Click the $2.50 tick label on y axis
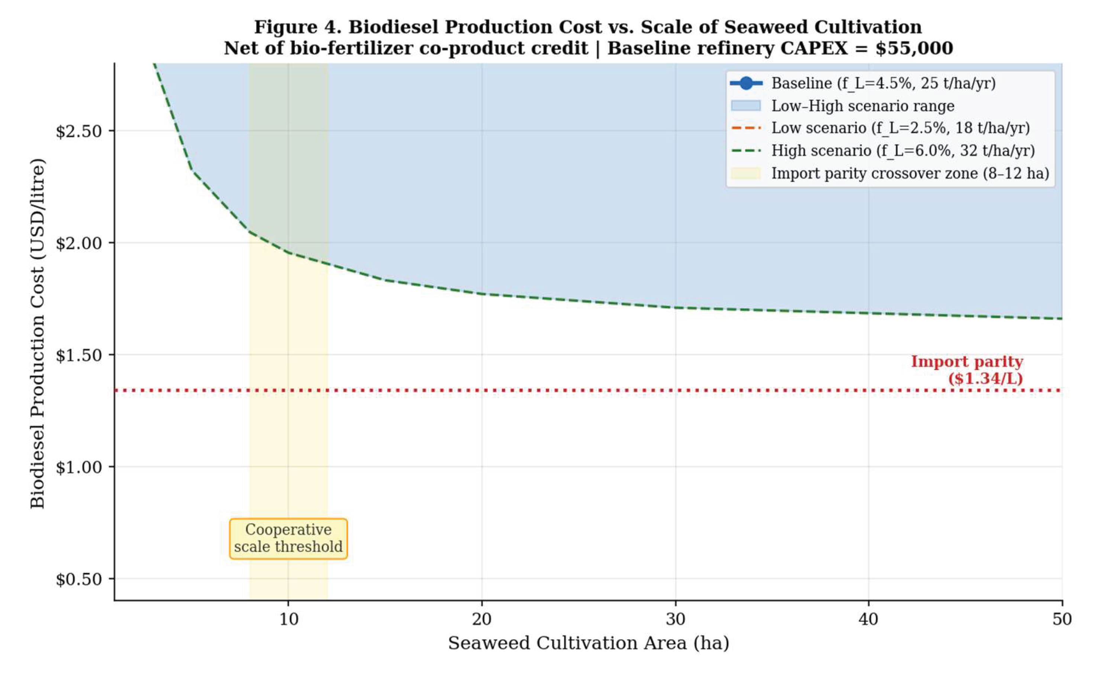tap(79, 132)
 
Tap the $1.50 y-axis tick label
tap(79, 356)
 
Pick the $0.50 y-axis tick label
tap(79, 579)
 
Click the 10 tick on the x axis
tap(289, 619)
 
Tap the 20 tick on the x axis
tap(482, 619)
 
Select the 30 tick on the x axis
tap(676, 619)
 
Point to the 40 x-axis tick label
tap(869, 619)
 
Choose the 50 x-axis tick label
tap(1062, 619)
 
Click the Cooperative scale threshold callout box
tap(289, 538)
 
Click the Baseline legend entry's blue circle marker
tap(746, 83)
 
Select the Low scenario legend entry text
tap(900, 128)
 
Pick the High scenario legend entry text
tap(902, 151)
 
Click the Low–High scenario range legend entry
tap(863, 106)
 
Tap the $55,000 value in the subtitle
tap(914, 48)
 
